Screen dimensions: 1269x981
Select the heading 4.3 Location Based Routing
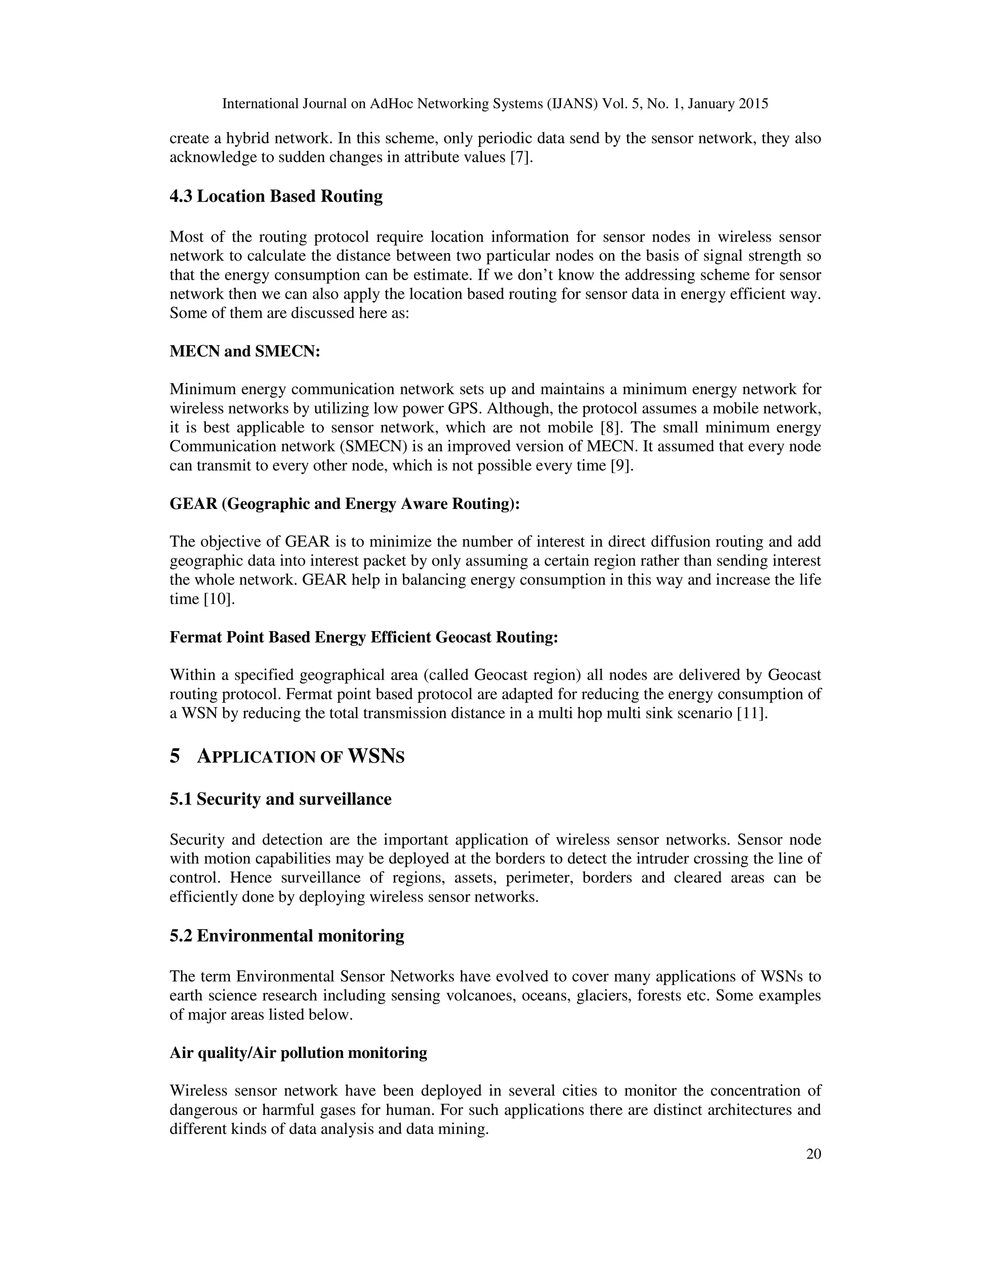click(x=276, y=196)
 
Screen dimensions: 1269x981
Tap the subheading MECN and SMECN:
click(x=245, y=351)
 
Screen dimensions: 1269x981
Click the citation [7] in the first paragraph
click(x=521, y=158)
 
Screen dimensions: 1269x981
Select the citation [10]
click(x=218, y=599)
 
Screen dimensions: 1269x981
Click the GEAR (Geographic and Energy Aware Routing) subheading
click(x=344, y=504)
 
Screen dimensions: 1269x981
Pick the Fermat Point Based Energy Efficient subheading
click(x=363, y=637)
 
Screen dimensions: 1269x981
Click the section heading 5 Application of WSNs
click(x=286, y=757)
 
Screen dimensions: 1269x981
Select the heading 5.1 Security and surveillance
click(x=280, y=800)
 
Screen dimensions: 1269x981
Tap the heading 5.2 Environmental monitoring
click(x=286, y=936)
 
